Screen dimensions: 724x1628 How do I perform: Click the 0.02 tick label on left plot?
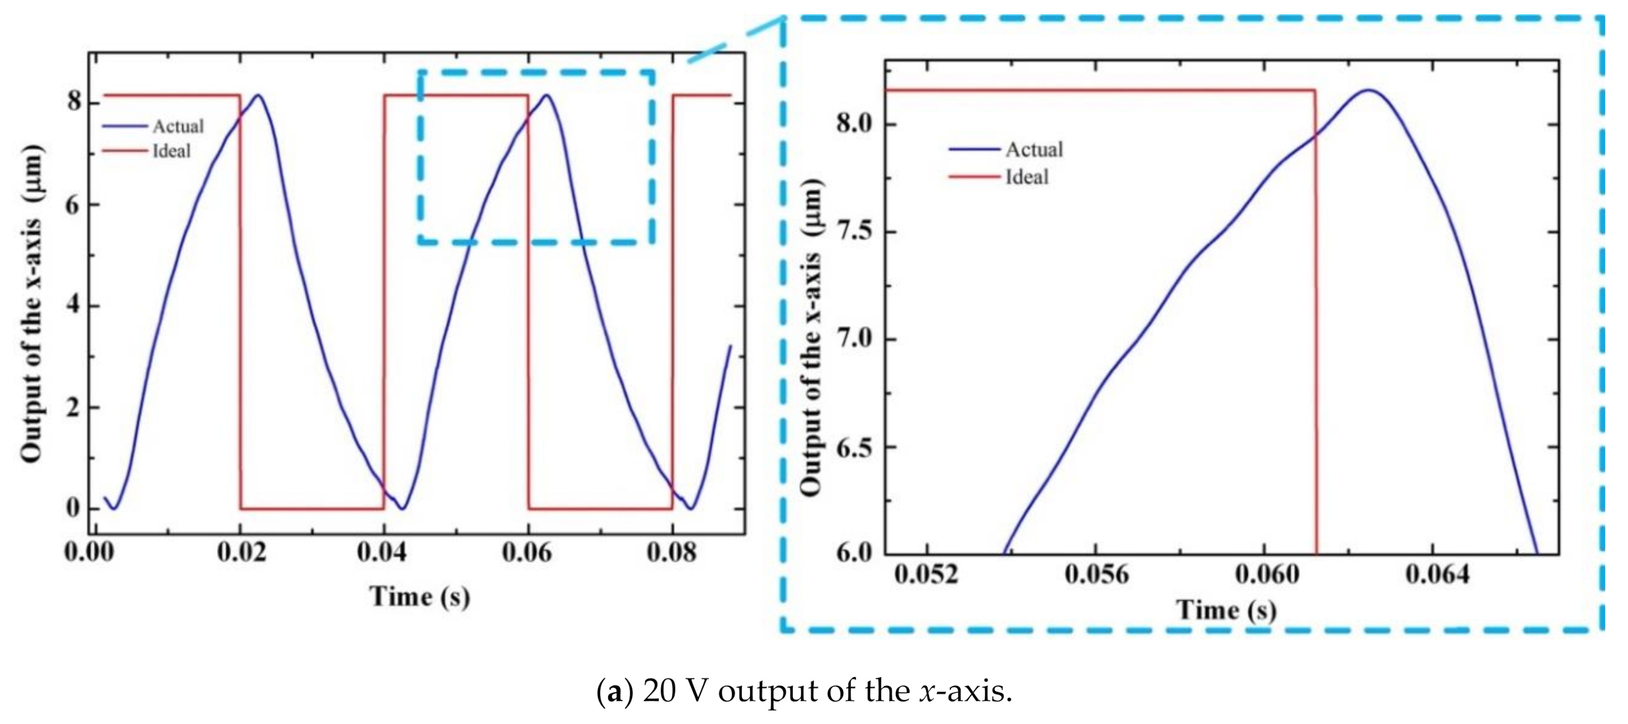(x=241, y=553)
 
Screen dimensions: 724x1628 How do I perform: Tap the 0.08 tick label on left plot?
(x=671, y=553)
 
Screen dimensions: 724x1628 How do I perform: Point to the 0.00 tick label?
(x=90, y=553)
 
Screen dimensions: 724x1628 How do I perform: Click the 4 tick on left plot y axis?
(x=75, y=305)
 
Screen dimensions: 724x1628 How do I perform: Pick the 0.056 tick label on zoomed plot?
(x=1097, y=574)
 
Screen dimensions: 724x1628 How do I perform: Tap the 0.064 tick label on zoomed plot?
(x=1437, y=574)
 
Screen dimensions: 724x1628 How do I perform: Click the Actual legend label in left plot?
(x=178, y=127)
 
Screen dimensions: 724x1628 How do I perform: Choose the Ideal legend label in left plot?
(x=171, y=151)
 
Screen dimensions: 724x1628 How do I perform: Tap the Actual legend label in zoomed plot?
(x=1034, y=150)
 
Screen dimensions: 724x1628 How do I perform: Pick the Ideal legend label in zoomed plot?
(x=1026, y=177)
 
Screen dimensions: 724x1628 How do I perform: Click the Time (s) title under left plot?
(x=419, y=596)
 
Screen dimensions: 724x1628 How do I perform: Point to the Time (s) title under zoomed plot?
(x=1225, y=610)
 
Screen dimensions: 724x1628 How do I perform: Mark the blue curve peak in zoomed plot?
(x=1369, y=90)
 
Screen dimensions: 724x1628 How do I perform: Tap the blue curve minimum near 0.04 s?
(x=403, y=508)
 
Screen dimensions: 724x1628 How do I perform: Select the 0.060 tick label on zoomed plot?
(x=1266, y=574)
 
